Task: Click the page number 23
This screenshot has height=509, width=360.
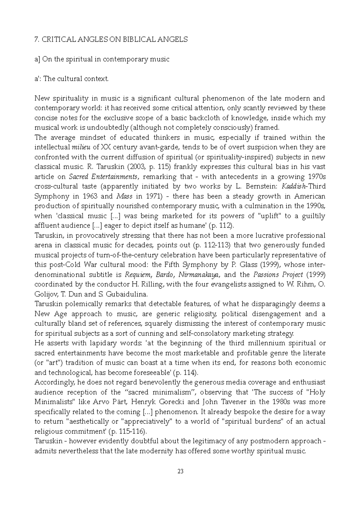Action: coord(180,472)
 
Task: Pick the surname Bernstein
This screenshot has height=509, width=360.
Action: coord(260,186)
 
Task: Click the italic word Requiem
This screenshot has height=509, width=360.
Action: coord(135,275)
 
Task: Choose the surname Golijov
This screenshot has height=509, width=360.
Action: coord(46,294)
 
